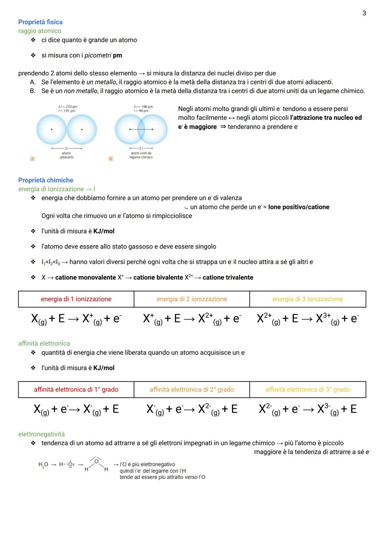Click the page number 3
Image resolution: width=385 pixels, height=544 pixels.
[x=364, y=13]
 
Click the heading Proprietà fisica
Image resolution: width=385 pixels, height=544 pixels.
[x=40, y=22]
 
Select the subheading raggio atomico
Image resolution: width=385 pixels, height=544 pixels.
[x=40, y=31]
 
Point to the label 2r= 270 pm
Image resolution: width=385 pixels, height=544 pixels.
[x=67, y=107]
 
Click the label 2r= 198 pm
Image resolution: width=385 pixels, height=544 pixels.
[x=143, y=107]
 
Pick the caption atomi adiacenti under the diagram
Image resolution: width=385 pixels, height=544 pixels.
[x=66, y=155]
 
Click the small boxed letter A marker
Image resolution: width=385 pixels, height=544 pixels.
[x=32, y=159]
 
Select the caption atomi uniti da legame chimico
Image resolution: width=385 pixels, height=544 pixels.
[x=141, y=155]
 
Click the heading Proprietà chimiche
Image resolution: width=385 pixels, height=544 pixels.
[x=46, y=180]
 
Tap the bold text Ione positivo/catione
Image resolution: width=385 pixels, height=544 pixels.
[x=299, y=207]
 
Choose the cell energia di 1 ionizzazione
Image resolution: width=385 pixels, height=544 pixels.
[x=76, y=299]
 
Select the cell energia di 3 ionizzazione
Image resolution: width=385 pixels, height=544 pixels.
[x=307, y=299]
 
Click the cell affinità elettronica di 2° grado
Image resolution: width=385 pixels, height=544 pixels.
[x=192, y=390]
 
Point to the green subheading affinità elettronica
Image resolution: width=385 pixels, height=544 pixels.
[x=44, y=344]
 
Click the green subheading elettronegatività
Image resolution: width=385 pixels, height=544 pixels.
[x=41, y=434]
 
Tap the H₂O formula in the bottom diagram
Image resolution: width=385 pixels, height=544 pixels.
[x=43, y=465]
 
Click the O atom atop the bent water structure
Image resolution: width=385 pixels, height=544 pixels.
[x=96, y=461]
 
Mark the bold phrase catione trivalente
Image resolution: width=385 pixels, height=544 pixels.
[x=228, y=278]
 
